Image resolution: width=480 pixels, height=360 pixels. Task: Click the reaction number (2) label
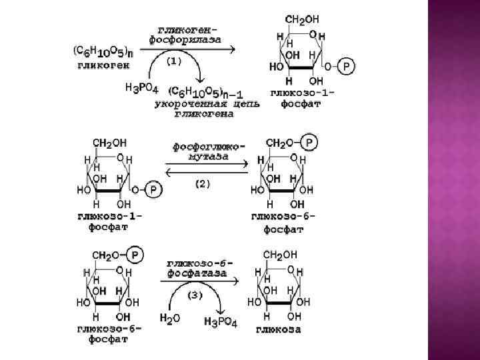[201, 185]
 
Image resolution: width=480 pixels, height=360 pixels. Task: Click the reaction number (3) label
[195, 295]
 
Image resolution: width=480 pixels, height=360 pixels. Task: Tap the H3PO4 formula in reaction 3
[221, 322]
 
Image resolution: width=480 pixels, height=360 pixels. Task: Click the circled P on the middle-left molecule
[153, 191]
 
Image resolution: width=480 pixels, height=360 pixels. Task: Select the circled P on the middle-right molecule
[309, 142]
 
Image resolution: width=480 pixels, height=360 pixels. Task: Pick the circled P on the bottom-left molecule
[135, 254]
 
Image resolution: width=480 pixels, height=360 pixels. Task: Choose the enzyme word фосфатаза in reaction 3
[197, 273]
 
